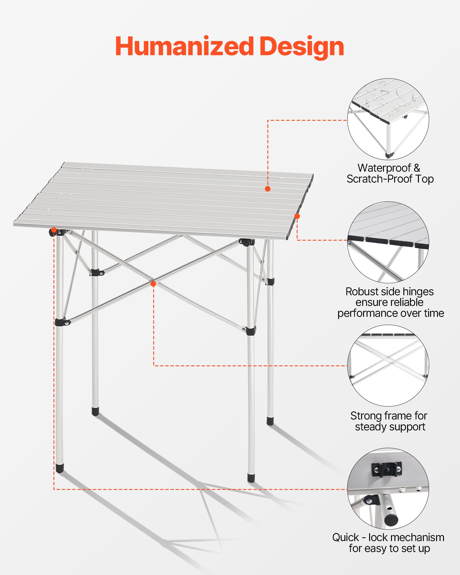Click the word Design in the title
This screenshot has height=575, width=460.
302,47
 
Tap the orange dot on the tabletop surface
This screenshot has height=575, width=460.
268,189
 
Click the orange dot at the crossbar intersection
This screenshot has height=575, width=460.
153,284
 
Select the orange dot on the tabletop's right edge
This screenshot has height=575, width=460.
297,216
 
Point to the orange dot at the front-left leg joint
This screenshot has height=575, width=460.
54,230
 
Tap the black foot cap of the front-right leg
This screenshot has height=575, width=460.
251,478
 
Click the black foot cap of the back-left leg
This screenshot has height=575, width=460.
95,411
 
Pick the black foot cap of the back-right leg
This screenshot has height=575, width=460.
270,421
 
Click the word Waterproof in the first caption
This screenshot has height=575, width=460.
384,168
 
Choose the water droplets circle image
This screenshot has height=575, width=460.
388,119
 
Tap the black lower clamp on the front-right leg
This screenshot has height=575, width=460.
251,331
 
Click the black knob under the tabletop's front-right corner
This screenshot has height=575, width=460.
245,242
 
